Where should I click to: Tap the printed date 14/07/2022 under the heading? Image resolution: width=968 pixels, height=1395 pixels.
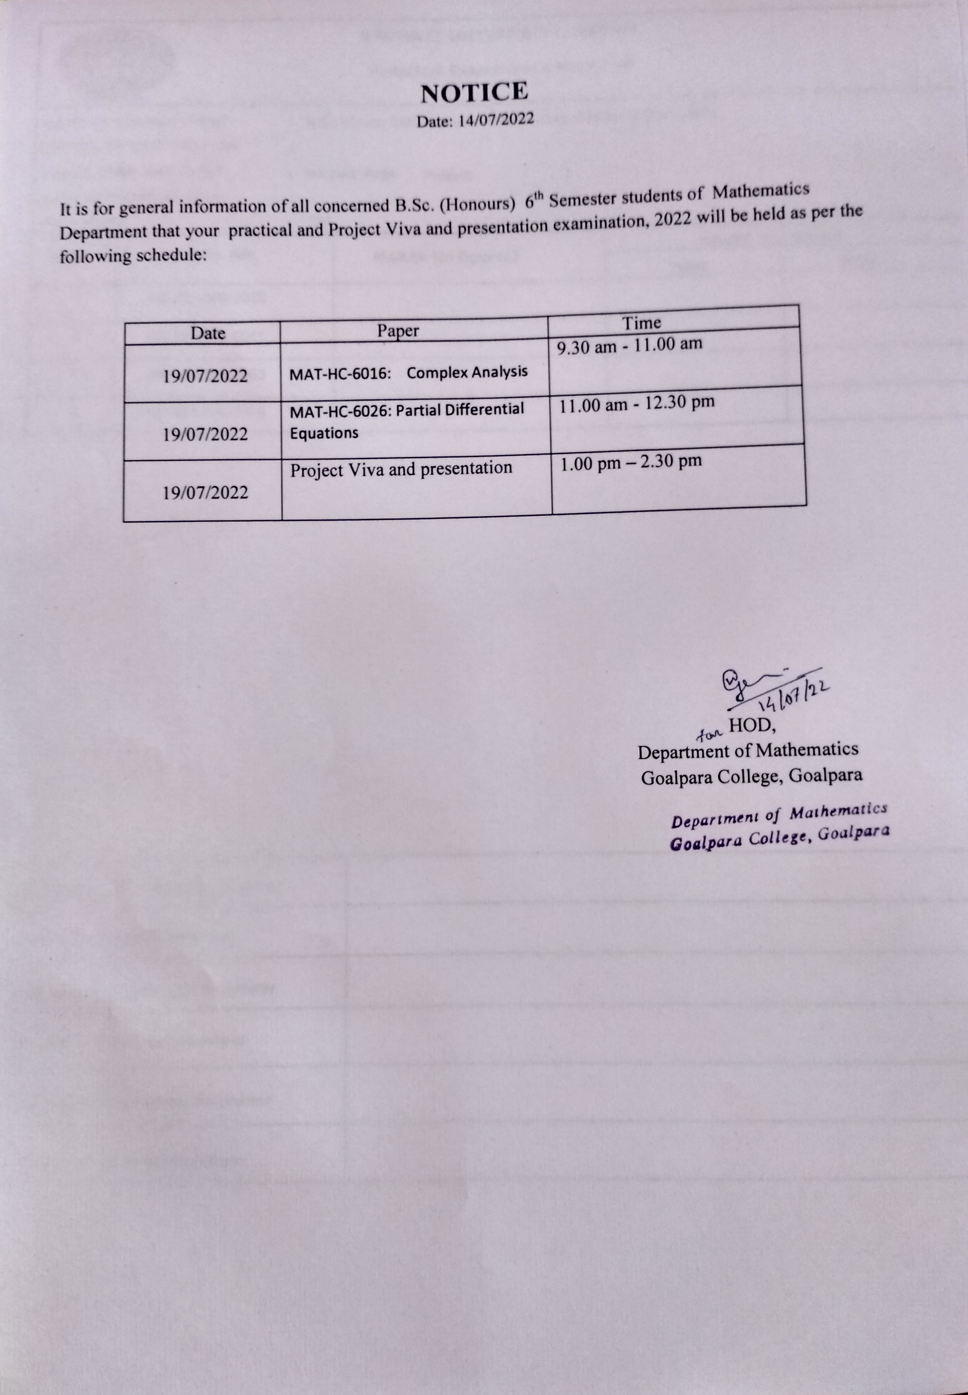496,120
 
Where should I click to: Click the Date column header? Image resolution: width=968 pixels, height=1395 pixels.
208,333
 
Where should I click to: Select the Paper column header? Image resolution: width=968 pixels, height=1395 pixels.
398,331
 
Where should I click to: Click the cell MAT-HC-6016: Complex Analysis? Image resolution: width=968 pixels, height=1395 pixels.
408,373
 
